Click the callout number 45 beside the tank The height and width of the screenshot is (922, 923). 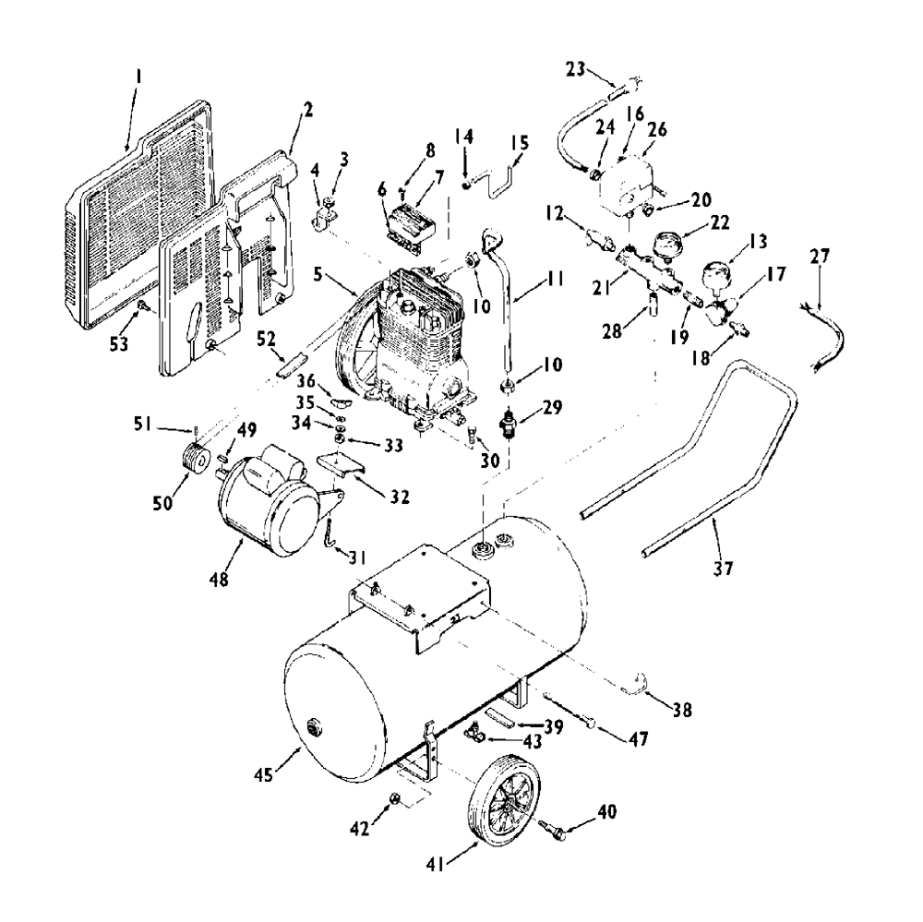tap(264, 775)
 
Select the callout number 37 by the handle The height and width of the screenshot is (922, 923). tap(724, 568)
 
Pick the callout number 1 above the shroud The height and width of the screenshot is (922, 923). tap(138, 76)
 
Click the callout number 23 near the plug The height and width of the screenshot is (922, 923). tap(576, 69)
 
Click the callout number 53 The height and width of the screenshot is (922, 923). tap(119, 344)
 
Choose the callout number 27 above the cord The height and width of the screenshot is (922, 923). tap(820, 257)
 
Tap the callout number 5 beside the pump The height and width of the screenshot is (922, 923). tap(318, 274)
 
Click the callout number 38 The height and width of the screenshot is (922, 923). tap(682, 710)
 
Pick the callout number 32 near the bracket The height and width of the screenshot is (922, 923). tap(399, 497)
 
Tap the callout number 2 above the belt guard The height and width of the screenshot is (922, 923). tap(307, 110)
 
